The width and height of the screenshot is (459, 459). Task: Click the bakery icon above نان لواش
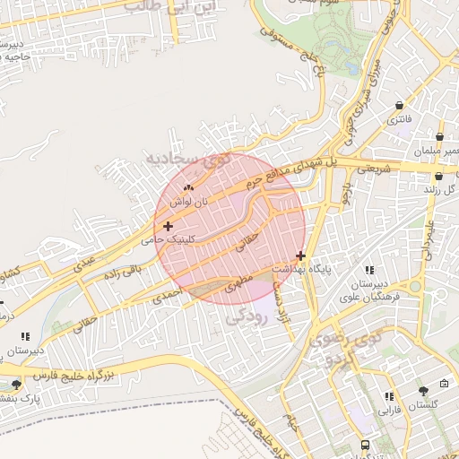(188, 187)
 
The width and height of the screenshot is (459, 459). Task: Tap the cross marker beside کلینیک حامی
(168, 226)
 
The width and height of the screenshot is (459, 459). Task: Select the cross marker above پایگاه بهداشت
(300, 255)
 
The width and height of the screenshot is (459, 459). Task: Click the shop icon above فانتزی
(398, 103)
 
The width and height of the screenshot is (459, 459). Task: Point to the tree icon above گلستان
(422, 390)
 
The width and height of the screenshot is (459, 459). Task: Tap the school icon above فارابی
(388, 395)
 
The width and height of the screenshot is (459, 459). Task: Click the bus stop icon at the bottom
(365, 444)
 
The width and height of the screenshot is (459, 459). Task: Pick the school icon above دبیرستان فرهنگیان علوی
(368, 269)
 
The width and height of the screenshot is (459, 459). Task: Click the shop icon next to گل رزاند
(427, 190)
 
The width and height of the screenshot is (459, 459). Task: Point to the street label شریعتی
(375, 168)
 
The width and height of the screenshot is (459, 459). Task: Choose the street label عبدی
(84, 265)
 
